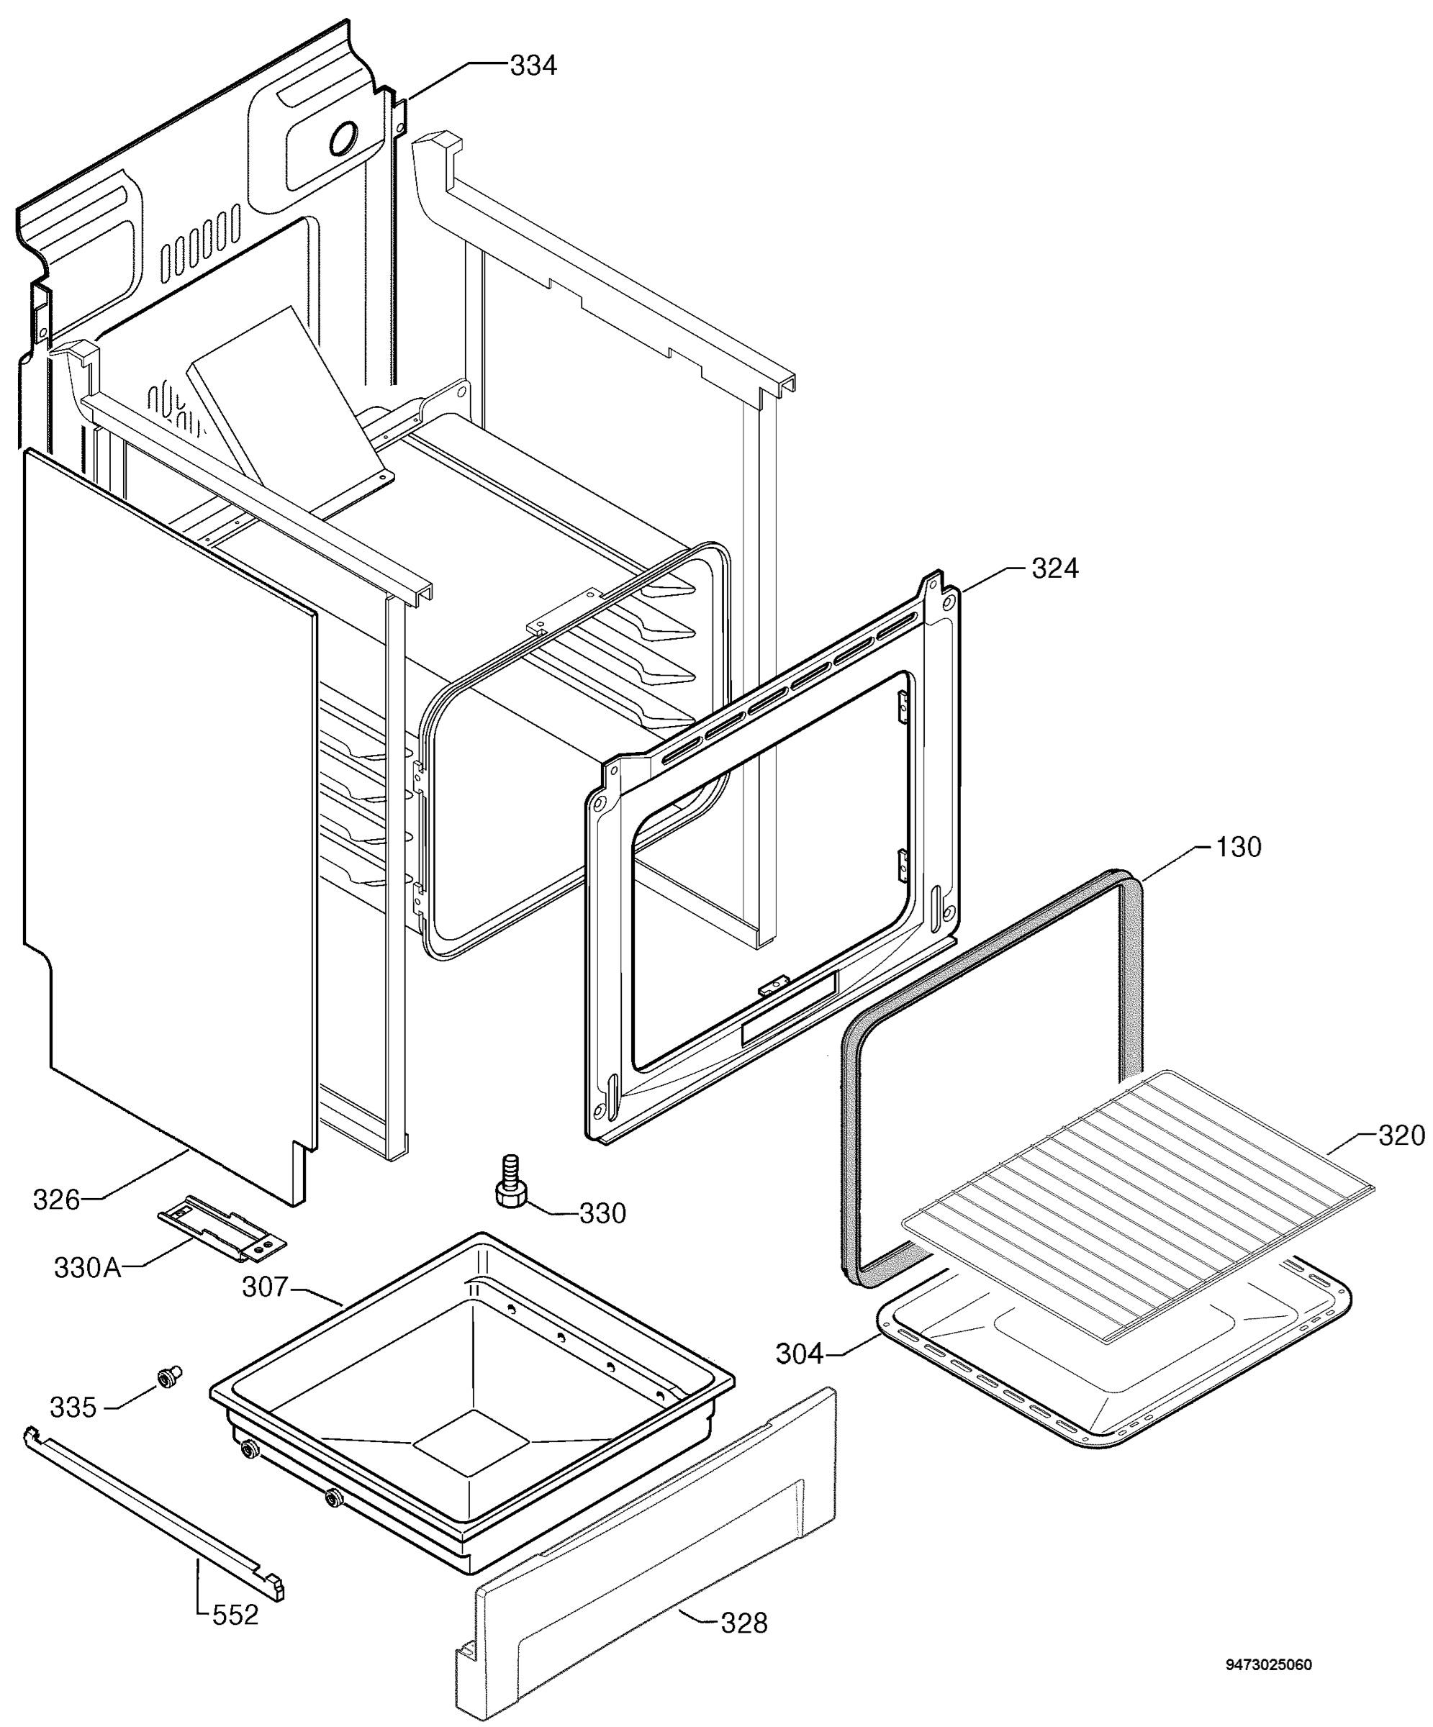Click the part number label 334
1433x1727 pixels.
pos(533,65)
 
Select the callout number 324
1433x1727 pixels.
pos(1054,568)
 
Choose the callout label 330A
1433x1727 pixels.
pos(88,1268)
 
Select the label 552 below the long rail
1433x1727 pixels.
pos(235,1615)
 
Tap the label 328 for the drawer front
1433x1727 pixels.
pos(743,1623)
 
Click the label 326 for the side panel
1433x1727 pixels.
pos(57,1200)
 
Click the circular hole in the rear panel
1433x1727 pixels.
pos(343,139)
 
